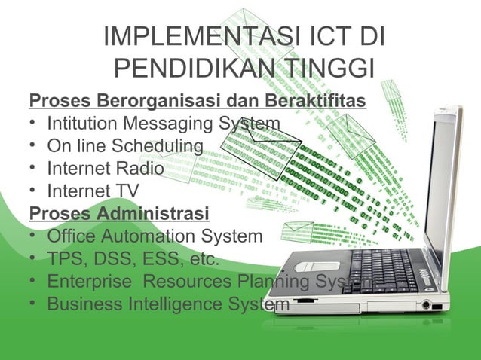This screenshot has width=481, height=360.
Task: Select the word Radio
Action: [142, 167]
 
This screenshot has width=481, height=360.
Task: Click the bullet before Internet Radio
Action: [34, 167]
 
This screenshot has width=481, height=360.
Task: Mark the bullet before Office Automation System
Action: [34, 236]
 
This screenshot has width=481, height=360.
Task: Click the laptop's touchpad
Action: [312, 267]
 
